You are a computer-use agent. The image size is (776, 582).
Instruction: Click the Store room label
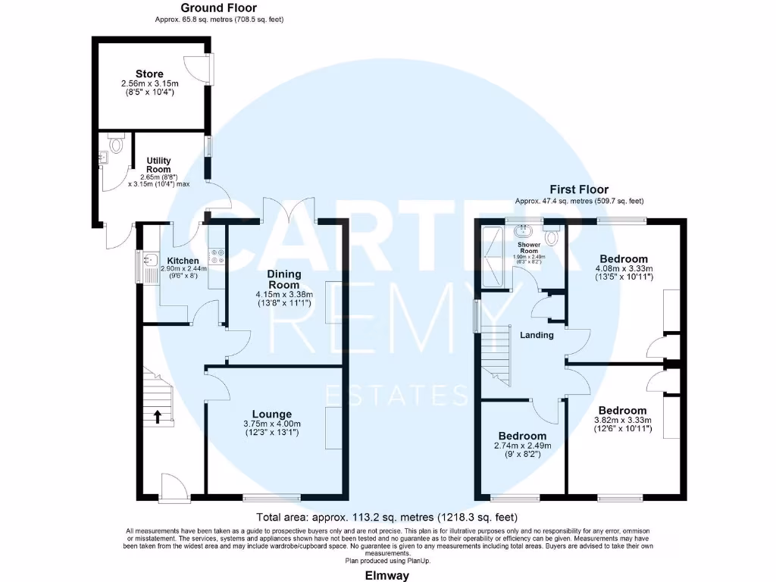pyautogui.click(x=150, y=74)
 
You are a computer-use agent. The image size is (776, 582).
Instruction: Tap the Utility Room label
pyautogui.click(x=159, y=166)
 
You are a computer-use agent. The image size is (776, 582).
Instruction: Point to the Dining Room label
pyautogui.click(x=284, y=279)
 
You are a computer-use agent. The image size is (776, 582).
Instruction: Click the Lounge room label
pyautogui.click(x=273, y=414)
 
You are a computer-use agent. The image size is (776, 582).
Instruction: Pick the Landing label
pyautogui.click(x=537, y=335)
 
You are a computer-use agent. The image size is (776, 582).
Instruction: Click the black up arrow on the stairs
pyautogui.click(x=158, y=415)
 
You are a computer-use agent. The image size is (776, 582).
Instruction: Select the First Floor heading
pyautogui.click(x=579, y=189)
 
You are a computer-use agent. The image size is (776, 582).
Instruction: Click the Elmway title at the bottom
pyautogui.click(x=387, y=575)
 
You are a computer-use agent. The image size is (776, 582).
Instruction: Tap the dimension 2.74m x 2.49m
pyautogui.click(x=521, y=446)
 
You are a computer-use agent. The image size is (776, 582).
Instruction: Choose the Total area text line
pyautogui.click(x=387, y=518)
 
